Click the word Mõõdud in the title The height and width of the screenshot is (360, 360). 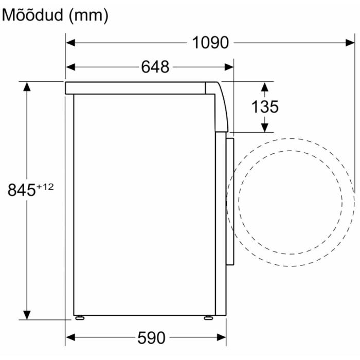tap(32, 15)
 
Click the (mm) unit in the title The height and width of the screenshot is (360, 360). tap(88, 15)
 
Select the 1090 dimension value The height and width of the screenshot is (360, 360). tap(210, 43)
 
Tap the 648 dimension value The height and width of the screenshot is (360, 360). tap(155, 67)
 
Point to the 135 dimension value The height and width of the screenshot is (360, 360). tap(265, 107)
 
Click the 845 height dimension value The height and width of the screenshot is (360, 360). tap(22, 190)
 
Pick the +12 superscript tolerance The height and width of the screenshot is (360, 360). tap(45, 187)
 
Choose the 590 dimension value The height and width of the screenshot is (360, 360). tap(151, 338)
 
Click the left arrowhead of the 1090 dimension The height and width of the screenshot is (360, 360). tap(70, 43)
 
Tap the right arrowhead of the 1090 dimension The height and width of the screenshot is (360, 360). tap(350, 43)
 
